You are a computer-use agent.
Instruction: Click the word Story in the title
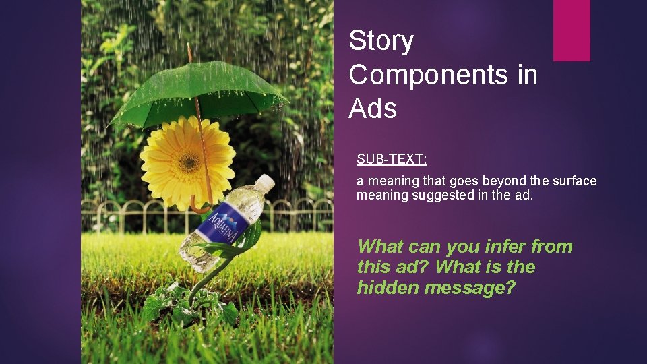click(381, 42)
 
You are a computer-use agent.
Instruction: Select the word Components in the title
click(427, 75)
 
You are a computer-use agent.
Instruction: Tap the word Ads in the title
click(373, 108)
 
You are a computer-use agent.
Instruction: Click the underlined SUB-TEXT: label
click(392, 160)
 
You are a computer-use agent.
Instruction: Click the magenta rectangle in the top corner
click(572, 30)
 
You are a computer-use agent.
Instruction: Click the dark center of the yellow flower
click(189, 161)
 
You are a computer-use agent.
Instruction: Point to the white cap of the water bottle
click(266, 182)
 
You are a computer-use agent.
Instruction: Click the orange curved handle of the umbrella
click(200, 206)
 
